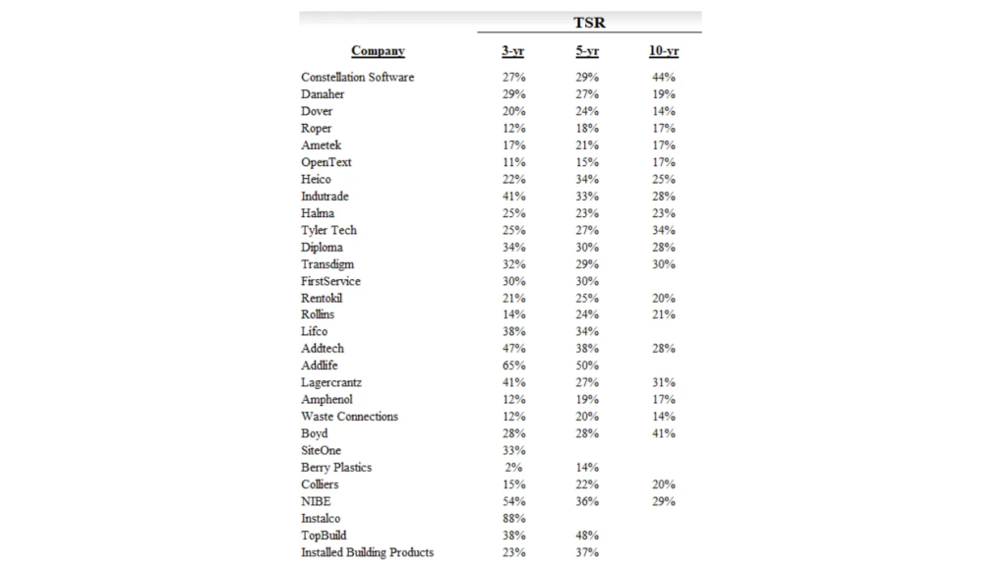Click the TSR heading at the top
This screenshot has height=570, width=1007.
[x=589, y=22]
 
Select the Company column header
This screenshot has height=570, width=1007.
[x=378, y=51]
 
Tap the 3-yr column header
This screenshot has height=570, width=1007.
[x=512, y=51]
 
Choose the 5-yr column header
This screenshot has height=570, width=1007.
[x=587, y=51]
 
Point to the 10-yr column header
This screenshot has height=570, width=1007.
[x=663, y=51]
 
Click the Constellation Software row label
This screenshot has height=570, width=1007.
[x=357, y=77]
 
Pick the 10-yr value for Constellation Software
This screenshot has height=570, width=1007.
[x=663, y=77]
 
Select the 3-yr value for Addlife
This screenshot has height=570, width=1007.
[x=512, y=366]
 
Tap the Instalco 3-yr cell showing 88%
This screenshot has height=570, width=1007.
[x=512, y=518]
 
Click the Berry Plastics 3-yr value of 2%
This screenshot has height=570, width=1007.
[x=515, y=468]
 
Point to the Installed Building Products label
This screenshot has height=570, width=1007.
[x=367, y=552]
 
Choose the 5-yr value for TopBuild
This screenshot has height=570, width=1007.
[x=587, y=536]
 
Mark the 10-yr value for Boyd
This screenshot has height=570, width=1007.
[x=663, y=433]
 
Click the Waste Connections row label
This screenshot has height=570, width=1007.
[x=349, y=417]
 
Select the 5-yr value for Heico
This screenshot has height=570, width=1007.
[x=587, y=179]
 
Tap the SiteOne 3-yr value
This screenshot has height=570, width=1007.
[x=512, y=451]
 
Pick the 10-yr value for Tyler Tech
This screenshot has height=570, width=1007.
[x=663, y=230]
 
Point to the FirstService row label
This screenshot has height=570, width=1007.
[x=330, y=281]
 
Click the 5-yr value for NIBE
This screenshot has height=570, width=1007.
[x=587, y=501]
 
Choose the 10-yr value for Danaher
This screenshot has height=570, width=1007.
[x=663, y=94]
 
